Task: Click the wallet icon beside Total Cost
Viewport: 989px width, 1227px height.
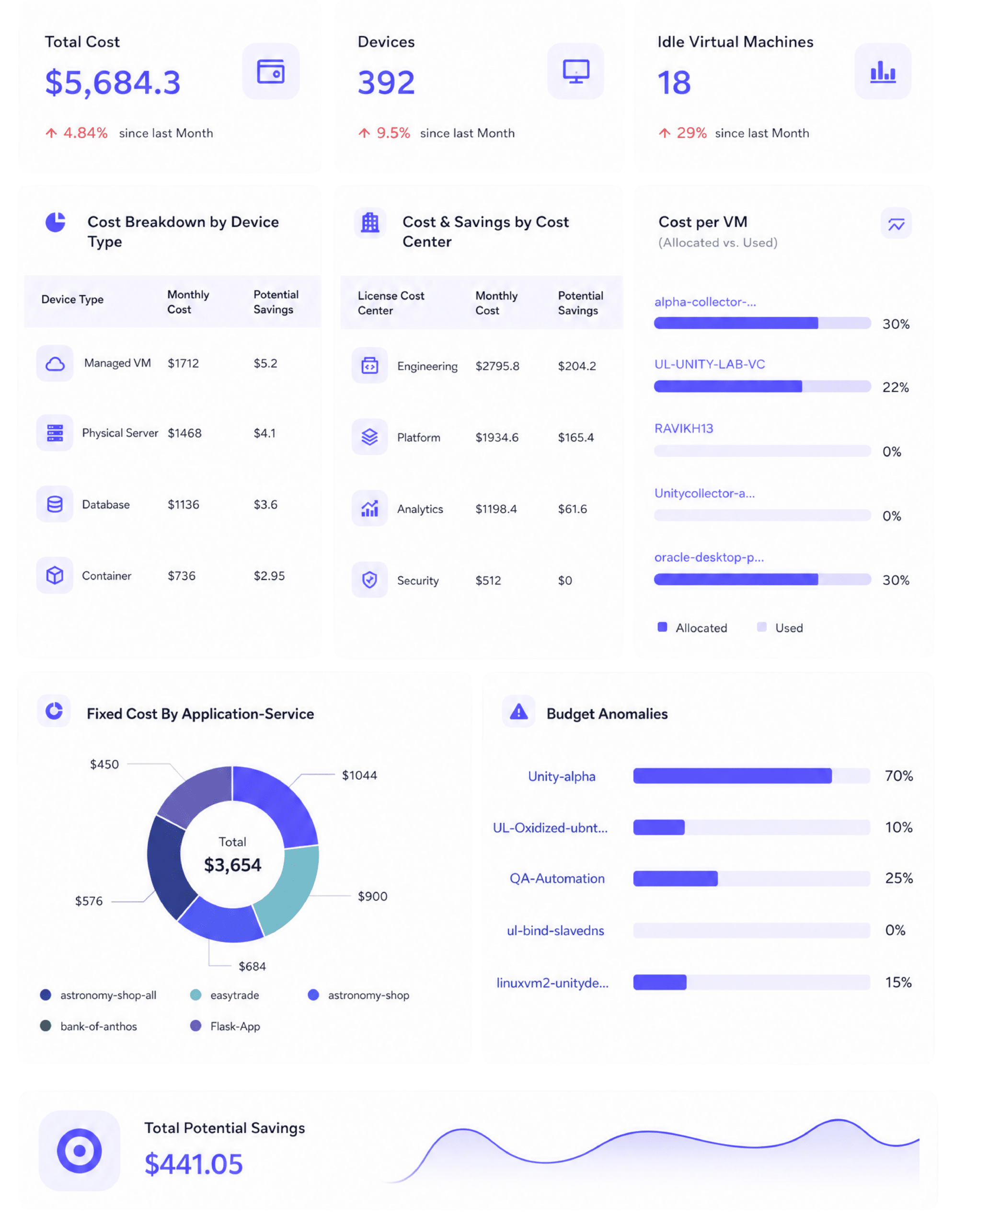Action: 271,71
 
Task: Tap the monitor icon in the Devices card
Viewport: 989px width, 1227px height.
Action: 576,71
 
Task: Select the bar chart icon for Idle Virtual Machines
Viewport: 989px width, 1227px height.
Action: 883,71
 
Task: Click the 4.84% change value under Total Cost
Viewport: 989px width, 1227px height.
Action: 85,133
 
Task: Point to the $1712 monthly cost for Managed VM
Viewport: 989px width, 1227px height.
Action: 183,363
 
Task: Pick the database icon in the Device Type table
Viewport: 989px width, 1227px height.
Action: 55,504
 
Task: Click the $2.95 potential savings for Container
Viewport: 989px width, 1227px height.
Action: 269,576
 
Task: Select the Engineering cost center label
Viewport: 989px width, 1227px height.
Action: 427,366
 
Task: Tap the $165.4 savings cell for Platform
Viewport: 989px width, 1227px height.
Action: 575,437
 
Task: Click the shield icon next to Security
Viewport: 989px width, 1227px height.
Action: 370,579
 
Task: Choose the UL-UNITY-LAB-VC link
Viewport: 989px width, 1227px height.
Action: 709,364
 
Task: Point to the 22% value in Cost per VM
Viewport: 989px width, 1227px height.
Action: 895,388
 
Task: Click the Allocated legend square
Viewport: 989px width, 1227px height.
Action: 662,627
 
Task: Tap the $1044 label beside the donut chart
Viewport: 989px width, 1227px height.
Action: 359,775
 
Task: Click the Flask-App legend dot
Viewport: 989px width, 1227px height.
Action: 195,1025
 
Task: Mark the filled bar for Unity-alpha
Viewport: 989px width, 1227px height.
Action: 732,776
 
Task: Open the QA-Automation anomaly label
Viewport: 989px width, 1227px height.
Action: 557,878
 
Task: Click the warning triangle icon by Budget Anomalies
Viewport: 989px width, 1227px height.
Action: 518,711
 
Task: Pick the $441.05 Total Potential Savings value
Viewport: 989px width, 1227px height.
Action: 194,1164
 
